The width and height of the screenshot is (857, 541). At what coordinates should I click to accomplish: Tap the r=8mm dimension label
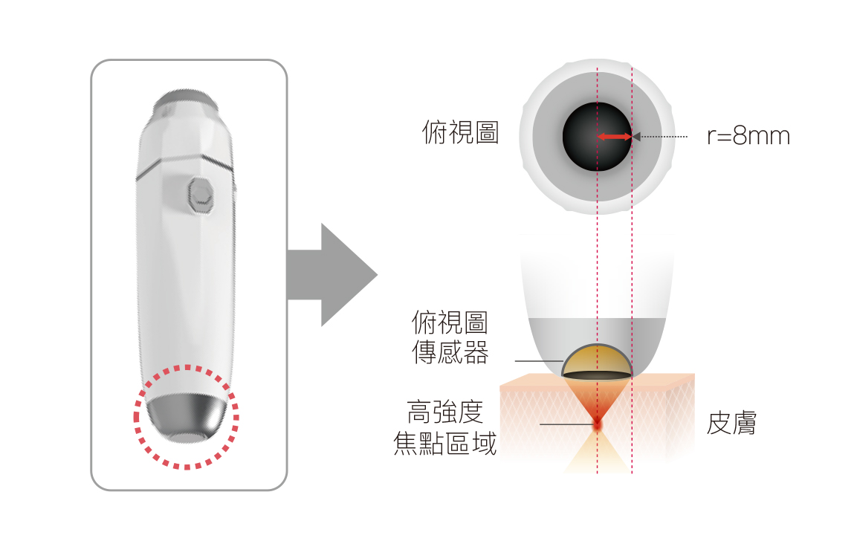tap(748, 136)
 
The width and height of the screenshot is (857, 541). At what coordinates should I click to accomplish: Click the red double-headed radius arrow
tap(615, 137)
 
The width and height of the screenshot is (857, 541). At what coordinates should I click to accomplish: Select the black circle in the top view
tap(597, 137)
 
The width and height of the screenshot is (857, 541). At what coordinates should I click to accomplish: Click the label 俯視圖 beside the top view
tap(460, 133)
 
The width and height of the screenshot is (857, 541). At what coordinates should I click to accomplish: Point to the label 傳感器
tap(450, 352)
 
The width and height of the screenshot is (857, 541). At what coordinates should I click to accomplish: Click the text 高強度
tap(445, 412)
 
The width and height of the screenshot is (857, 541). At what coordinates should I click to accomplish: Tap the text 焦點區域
tap(445, 443)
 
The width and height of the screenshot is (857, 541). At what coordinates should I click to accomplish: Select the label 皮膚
tap(731, 424)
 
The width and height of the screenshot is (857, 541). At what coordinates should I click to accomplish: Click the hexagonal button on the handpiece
tap(200, 195)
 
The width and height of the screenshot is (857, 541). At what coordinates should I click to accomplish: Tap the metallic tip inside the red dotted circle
tap(187, 418)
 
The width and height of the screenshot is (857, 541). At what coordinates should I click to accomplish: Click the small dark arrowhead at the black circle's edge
tap(636, 137)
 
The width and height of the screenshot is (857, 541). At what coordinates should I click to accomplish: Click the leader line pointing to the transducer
tap(539, 361)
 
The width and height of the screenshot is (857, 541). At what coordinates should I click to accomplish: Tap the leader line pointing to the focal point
tap(566, 424)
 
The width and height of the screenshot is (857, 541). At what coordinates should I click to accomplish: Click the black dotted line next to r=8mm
tap(664, 137)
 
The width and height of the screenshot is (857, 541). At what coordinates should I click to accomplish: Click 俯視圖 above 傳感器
tap(450, 323)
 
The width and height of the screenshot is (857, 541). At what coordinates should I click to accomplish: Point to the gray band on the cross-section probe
tap(597, 334)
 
